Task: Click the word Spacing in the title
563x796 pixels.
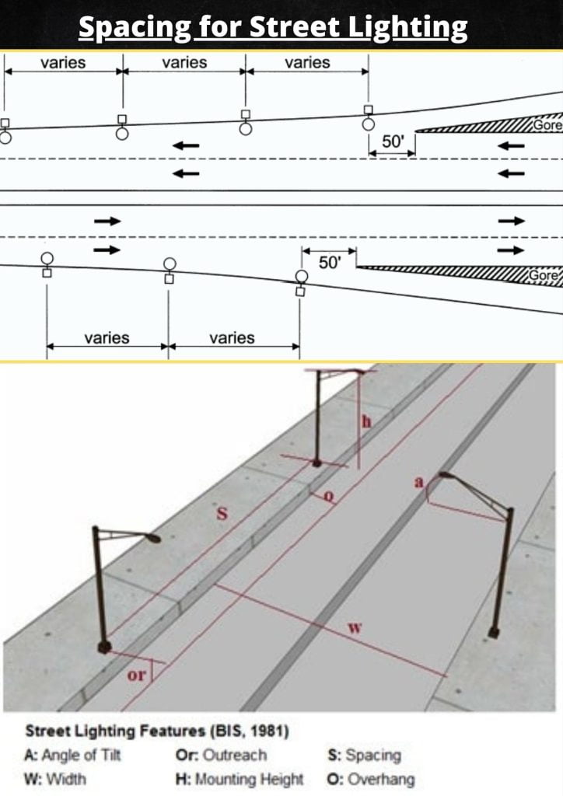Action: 134,27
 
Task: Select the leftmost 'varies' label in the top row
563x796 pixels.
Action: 62,63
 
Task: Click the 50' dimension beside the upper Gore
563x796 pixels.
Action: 393,141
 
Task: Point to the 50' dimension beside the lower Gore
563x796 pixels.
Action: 330,263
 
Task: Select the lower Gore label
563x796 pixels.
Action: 545,276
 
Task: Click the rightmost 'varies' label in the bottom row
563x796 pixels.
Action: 232,337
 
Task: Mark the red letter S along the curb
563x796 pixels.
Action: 221,515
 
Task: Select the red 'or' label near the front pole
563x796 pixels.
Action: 135,675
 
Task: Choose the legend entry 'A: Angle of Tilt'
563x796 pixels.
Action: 72,755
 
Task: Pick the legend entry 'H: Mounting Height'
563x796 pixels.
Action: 240,778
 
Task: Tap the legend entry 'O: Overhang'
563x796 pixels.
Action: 372,778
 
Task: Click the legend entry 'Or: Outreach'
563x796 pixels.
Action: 221,755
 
